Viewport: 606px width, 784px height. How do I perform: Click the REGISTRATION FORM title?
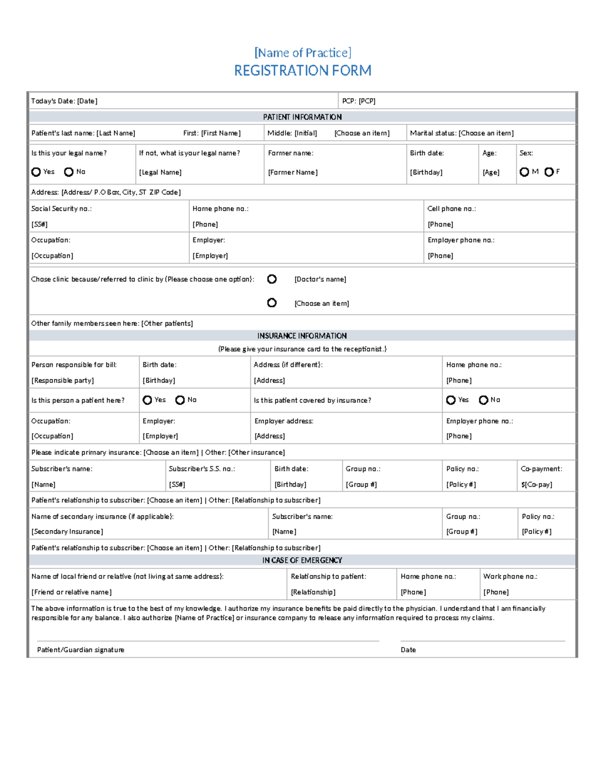[302, 70]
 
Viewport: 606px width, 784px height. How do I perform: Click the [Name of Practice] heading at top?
[302, 53]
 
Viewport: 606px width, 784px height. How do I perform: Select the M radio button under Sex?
[524, 172]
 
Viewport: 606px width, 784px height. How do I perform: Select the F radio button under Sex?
[549, 172]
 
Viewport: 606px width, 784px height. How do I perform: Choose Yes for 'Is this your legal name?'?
[36, 172]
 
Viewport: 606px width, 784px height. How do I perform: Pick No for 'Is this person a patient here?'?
[180, 400]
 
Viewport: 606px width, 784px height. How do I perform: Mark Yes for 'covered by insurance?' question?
[451, 400]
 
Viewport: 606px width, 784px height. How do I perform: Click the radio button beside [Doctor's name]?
[272, 279]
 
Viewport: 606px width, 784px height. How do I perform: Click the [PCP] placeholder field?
[367, 101]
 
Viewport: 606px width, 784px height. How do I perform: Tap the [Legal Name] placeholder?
[160, 173]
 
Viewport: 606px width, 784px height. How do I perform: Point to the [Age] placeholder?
[491, 173]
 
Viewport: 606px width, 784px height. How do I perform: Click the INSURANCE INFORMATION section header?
[302, 336]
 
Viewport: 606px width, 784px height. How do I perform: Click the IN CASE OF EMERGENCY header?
[302, 560]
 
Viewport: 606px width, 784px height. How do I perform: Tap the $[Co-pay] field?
[537, 485]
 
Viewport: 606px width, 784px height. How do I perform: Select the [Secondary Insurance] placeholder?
[67, 532]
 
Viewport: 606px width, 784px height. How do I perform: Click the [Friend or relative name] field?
[71, 592]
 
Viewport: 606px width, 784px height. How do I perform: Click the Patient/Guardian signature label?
[80, 650]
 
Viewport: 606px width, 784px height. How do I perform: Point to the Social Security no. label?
[62, 208]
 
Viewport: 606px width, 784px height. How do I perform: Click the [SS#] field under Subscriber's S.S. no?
[177, 485]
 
